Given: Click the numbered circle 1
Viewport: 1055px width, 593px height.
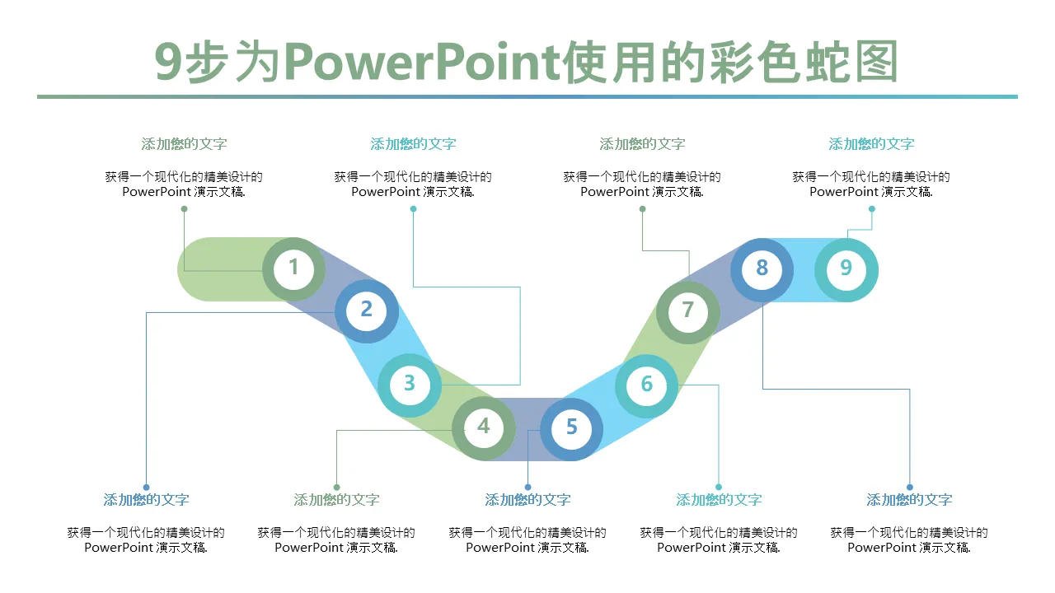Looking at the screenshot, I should (293, 268).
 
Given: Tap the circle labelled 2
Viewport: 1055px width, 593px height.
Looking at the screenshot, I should (367, 311).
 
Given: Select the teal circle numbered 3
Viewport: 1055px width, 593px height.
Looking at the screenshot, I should (410, 384).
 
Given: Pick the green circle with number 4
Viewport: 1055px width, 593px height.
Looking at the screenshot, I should (484, 427).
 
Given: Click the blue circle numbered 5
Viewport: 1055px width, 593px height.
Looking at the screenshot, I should (571, 428).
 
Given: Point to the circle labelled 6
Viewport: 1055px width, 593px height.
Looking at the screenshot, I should (647, 385).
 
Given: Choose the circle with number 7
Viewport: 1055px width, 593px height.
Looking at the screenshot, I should (688, 311).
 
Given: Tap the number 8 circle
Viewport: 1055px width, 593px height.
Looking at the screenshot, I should (762, 268).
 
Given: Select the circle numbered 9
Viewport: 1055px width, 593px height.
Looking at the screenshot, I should (846, 268).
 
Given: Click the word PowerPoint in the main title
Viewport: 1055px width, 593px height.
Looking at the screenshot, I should (422, 63).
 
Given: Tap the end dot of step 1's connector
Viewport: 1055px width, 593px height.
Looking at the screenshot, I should (184, 208).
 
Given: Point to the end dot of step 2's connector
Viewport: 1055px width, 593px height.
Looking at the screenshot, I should (146, 487).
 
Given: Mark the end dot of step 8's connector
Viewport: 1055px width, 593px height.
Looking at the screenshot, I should (910, 487).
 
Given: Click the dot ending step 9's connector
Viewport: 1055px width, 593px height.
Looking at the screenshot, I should (871, 208).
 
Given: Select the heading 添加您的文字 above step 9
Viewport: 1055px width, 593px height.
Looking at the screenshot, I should (871, 144).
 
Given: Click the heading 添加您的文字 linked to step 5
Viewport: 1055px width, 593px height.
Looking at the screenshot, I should (527, 500).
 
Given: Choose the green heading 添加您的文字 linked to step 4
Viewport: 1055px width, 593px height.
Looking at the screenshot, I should (336, 500).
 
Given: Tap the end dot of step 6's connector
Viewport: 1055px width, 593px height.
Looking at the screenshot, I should (719, 487).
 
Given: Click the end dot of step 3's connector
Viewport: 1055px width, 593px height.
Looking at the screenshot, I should (413, 208).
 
